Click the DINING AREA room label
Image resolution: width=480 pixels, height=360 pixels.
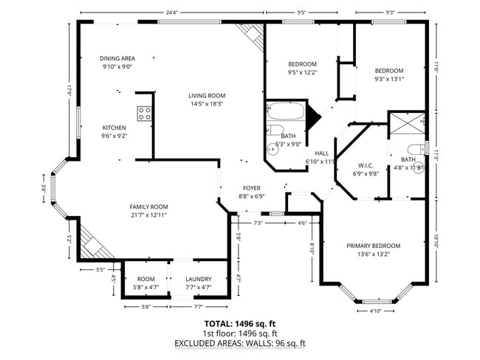(x=118, y=58)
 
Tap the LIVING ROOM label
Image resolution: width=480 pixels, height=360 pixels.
(x=206, y=96)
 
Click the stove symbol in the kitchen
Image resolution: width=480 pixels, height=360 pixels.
(x=145, y=113)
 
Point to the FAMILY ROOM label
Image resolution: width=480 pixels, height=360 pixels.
(x=149, y=207)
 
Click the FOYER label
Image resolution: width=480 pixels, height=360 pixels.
(x=251, y=188)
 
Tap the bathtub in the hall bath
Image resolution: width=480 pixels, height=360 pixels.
(x=285, y=112)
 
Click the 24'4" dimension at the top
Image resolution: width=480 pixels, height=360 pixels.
(x=172, y=13)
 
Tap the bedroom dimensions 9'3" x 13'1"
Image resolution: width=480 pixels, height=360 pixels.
(x=389, y=79)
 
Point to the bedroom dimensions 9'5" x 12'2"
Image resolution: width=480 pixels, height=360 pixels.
(x=302, y=72)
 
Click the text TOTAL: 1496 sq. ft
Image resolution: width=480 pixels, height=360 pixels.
(x=239, y=323)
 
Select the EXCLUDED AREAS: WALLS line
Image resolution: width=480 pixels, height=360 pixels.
(x=239, y=343)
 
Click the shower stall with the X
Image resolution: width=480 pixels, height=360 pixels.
(x=405, y=122)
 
